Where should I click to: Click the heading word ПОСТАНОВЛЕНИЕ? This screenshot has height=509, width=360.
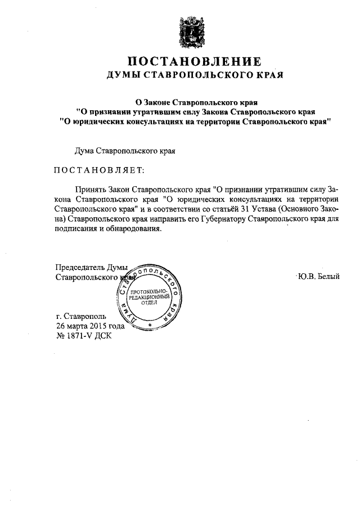pyautogui.click(x=194, y=62)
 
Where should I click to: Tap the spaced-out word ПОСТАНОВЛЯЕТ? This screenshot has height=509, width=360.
pyautogui.click(x=99, y=170)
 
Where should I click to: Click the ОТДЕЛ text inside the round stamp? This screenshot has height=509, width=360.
pyautogui.click(x=149, y=301)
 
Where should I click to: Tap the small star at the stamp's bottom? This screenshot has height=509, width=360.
pyautogui.click(x=150, y=325)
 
